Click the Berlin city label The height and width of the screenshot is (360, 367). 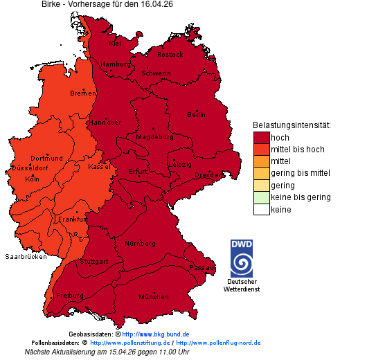(x=196, y=115)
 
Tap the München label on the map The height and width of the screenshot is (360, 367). (x=154, y=297)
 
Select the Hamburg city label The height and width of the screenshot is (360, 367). (x=115, y=64)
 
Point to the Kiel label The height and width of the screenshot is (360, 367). (x=115, y=43)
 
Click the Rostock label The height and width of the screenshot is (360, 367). (x=170, y=54)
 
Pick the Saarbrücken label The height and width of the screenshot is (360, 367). (x=26, y=257)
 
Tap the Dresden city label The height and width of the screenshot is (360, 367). (x=207, y=176)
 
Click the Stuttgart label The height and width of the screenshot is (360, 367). (x=94, y=262)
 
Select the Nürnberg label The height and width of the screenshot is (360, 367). (x=140, y=244)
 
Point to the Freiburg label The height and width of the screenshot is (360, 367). (x=70, y=296)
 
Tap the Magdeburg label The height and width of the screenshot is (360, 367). (x=154, y=137)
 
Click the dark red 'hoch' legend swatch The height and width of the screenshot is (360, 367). (x=261, y=137)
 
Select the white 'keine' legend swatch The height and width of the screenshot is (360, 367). (x=261, y=210)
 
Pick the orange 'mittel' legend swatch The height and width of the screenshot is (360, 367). (x=261, y=161)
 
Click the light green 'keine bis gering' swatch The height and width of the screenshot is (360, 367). (x=261, y=197)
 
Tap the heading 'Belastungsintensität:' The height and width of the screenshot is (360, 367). (x=291, y=125)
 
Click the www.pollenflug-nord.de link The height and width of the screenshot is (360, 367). (x=218, y=343)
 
